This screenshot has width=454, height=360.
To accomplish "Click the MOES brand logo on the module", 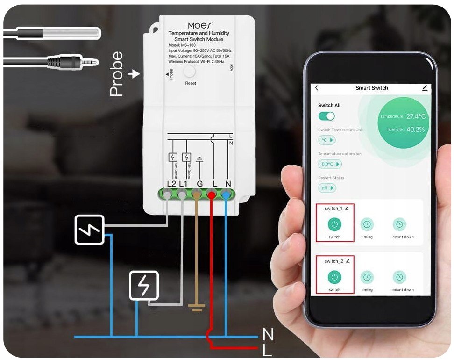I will pyautogui.click(x=200, y=24).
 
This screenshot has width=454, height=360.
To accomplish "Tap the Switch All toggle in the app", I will pyautogui.click(x=327, y=116).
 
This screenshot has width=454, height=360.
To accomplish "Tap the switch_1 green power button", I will pyautogui.click(x=334, y=224).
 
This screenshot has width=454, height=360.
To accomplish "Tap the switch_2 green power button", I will pyautogui.click(x=334, y=277).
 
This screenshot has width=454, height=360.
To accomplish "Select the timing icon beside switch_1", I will pyautogui.click(x=367, y=224).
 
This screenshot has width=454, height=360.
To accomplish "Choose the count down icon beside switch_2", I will pyautogui.click(x=399, y=277).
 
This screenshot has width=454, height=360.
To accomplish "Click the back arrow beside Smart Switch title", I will pyautogui.click(x=317, y=88).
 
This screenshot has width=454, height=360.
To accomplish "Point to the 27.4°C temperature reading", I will pyautogui.click(x=416, y=116).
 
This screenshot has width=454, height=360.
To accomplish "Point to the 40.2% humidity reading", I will pyautogui.click(x=415, y=130).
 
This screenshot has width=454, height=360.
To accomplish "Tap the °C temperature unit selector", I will pyautogui.click(x=327, y=140).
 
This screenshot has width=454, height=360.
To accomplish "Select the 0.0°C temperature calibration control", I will pyautogui.click(x=330, y=164).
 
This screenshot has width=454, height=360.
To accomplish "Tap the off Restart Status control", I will pyautogui.click(x=327, y=188).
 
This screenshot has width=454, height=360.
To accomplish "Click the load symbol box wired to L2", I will pyautogui.click(x=89, y=229).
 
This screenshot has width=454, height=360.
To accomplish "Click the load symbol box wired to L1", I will pyautogui.click(x=144, y=285).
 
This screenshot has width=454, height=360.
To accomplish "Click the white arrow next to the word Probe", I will pyautogui.click(x=135, y=74).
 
